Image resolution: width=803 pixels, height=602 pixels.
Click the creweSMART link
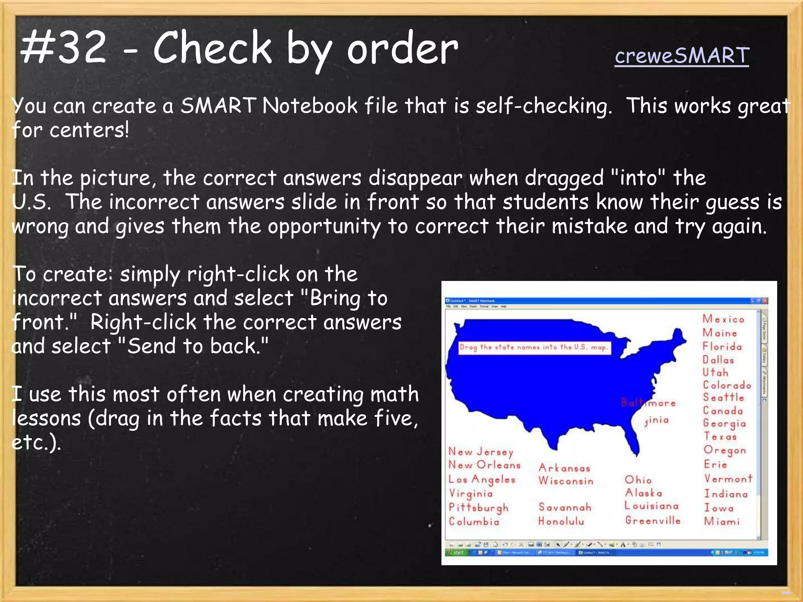point(682,56)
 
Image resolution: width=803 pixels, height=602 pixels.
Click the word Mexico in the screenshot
point(723,319)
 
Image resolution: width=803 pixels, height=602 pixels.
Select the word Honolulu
point(561,521)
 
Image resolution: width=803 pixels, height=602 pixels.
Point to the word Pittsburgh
point(478,508)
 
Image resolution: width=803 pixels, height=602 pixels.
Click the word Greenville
point(653,520)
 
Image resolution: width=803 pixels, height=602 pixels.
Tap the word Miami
point(722,521)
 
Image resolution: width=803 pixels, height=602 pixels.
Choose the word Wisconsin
point(566,481)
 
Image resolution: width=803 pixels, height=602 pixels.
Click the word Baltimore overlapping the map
point(649,403)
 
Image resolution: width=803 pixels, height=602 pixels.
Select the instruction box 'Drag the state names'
point(534,347)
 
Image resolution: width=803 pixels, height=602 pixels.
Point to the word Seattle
point(723,397)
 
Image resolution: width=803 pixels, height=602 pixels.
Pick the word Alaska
point(643,493)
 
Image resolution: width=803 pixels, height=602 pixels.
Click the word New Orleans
point(485,465)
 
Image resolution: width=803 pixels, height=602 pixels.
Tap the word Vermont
point(728,479)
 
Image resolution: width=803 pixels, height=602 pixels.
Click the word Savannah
point(565,507)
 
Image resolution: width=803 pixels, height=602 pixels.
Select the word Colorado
point(727,385)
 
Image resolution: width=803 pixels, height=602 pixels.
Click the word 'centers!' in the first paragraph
point(89,130)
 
